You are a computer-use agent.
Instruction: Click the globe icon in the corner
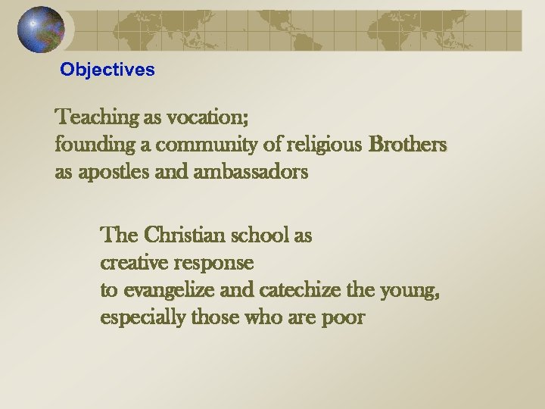coord(42,30)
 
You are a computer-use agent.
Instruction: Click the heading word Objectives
coord(107,70)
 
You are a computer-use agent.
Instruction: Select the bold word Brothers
coord(408,144)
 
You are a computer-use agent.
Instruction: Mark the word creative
coord(133,263)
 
